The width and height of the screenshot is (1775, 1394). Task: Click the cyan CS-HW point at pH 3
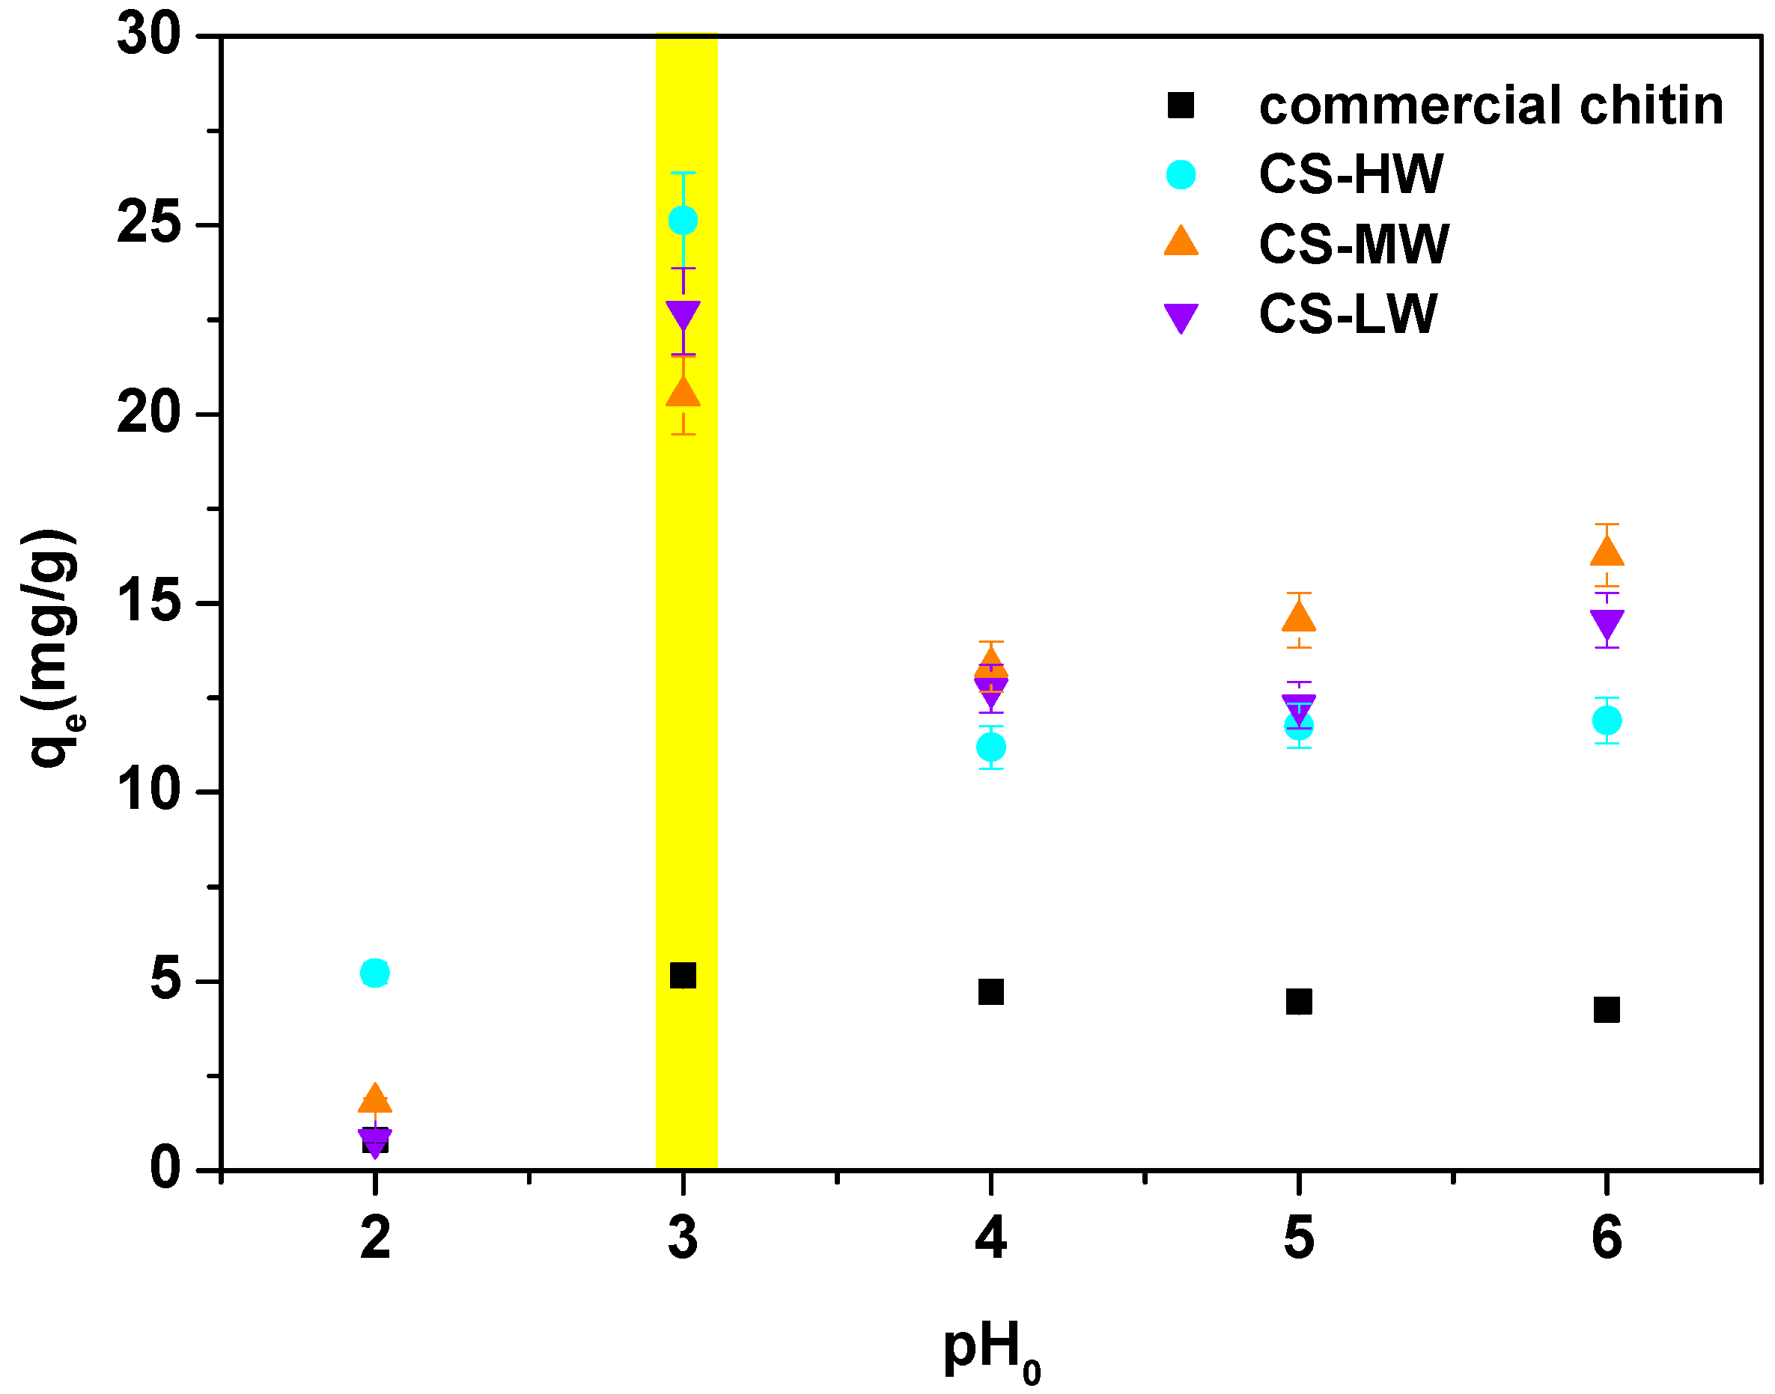coord(683,221)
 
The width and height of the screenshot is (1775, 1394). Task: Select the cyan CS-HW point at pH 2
coord(375,973)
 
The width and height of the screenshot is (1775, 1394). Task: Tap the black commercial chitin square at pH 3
coord(683,975)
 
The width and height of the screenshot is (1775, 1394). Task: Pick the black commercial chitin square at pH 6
coord(1606,1009)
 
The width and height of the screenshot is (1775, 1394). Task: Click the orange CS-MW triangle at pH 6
coord(1607,552)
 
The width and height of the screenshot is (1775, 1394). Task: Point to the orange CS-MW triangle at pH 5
coord(1298,618)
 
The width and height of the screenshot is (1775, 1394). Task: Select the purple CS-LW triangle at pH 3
coord(683,316)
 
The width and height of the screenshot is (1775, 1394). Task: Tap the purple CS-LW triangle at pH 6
coord(1607,624)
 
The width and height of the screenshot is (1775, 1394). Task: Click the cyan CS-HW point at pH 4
coord(990,747)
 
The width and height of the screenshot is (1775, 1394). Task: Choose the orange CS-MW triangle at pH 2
coord(375,1099)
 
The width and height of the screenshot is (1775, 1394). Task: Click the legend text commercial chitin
coord(1490,106)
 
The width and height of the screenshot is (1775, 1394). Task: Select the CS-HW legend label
coord(1351,174)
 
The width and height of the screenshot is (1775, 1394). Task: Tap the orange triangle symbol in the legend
coord(1181,242)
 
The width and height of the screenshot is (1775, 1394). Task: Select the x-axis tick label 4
coord(990,1238)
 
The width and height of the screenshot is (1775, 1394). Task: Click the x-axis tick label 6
coord(1606,1238)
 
